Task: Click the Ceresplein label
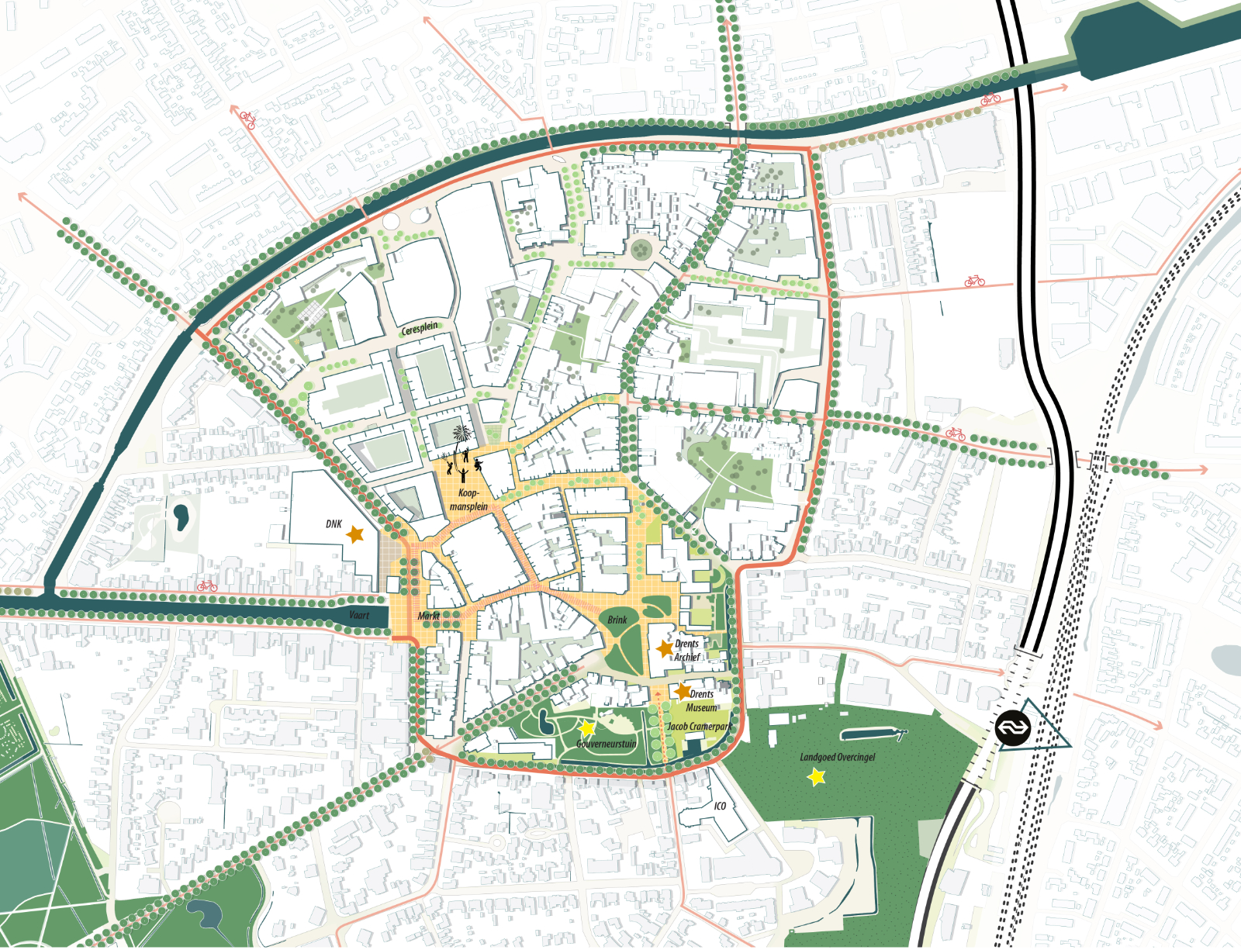pos(420,329)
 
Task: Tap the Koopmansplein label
pos(468,500)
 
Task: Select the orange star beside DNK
pos(355,534)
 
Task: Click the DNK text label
pos(334,524)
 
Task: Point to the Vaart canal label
pos(359,616)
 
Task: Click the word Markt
pos(429,617)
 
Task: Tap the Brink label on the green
pos(617,620)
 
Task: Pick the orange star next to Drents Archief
pos(665,648)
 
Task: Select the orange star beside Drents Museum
pos(683,690)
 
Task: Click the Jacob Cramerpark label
pos(699,727)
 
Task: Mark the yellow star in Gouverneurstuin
pos(587,728)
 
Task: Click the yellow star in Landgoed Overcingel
pos(816,776)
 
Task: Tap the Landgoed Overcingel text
pos(838,757)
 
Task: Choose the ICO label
pos(720,806)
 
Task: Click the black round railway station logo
pos(1013,728)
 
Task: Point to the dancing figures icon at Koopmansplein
pos(464,462)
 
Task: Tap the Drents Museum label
pos(702,701)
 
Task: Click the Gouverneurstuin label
pos(606,744)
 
